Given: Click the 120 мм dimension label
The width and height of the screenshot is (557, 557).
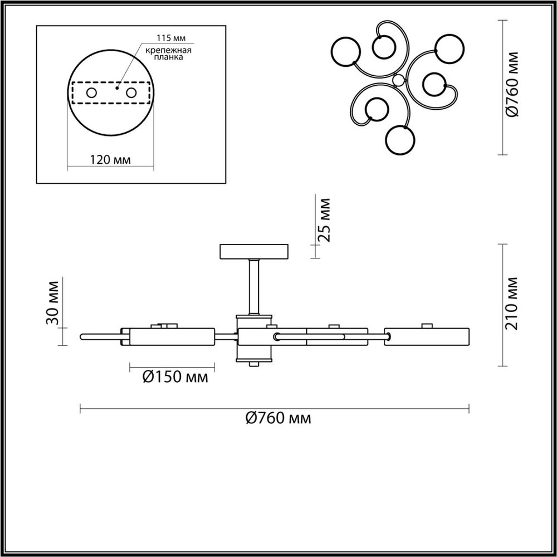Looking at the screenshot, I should [110, 160].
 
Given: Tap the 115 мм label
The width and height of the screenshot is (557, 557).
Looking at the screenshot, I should [169, 38].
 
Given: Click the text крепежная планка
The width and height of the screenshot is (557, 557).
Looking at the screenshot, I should [169, 54].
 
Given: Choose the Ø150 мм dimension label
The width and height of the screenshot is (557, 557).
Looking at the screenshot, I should [174, 377].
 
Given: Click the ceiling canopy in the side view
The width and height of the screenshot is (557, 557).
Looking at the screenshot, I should [255, 252].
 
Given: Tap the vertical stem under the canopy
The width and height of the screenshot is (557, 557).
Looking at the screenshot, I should [255, 287].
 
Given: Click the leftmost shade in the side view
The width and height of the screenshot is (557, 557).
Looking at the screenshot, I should [172, 338].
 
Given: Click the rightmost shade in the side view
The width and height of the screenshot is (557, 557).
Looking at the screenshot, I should [428, 338].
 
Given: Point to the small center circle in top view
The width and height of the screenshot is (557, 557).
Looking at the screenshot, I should [398, 81].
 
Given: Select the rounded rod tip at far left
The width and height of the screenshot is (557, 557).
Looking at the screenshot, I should [84, 336].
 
